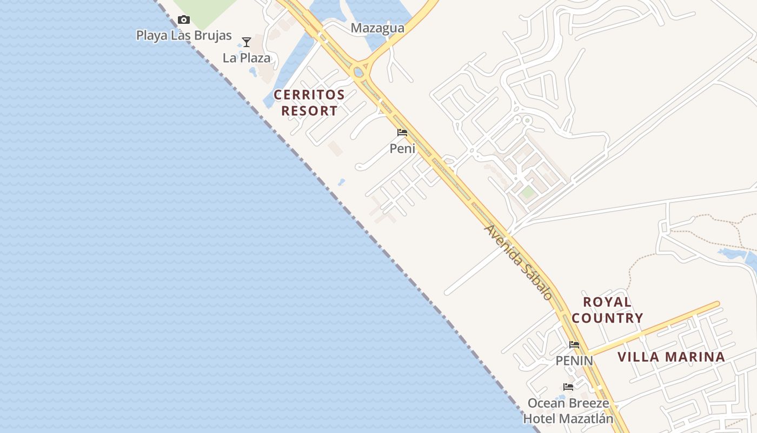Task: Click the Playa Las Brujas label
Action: pyautogui.click(x=184, y=36)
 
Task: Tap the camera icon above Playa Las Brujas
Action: pyautogui.click(x=184, y=20)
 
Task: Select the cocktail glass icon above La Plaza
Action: pyautogui.click(x=247, y=42)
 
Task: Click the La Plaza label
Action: pyautogui.click(x=247, y=58)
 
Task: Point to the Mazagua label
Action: pyautogui.click(x=377, y=28)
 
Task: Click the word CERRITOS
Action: pyautogui.click(x=309, y=95)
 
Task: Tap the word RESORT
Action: pyautogui.click(x=309, y=111)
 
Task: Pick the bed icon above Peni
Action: pyautogui.click(x=402, y=132)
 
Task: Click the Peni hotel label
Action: pyautogui.click(x=403, y=148)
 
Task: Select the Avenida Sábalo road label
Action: pyautogui.click(x=519, y=262)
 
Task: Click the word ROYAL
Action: pyautogui.click(x=607, y=302)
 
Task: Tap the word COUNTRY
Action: pyautogui.click(x=607, y=318)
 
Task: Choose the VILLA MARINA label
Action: pyautogui.click(x=671, y=357)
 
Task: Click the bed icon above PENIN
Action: pyautogui.click(x=574, y=344)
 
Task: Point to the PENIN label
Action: pyautogui.click(x=574, y=360)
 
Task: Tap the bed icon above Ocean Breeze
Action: pyautogui.click(x=568, y=386)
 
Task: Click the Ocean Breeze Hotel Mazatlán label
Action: pyautogui.click(x=568, y=411)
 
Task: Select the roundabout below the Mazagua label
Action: pyautogui.click(x=358, y=71)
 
